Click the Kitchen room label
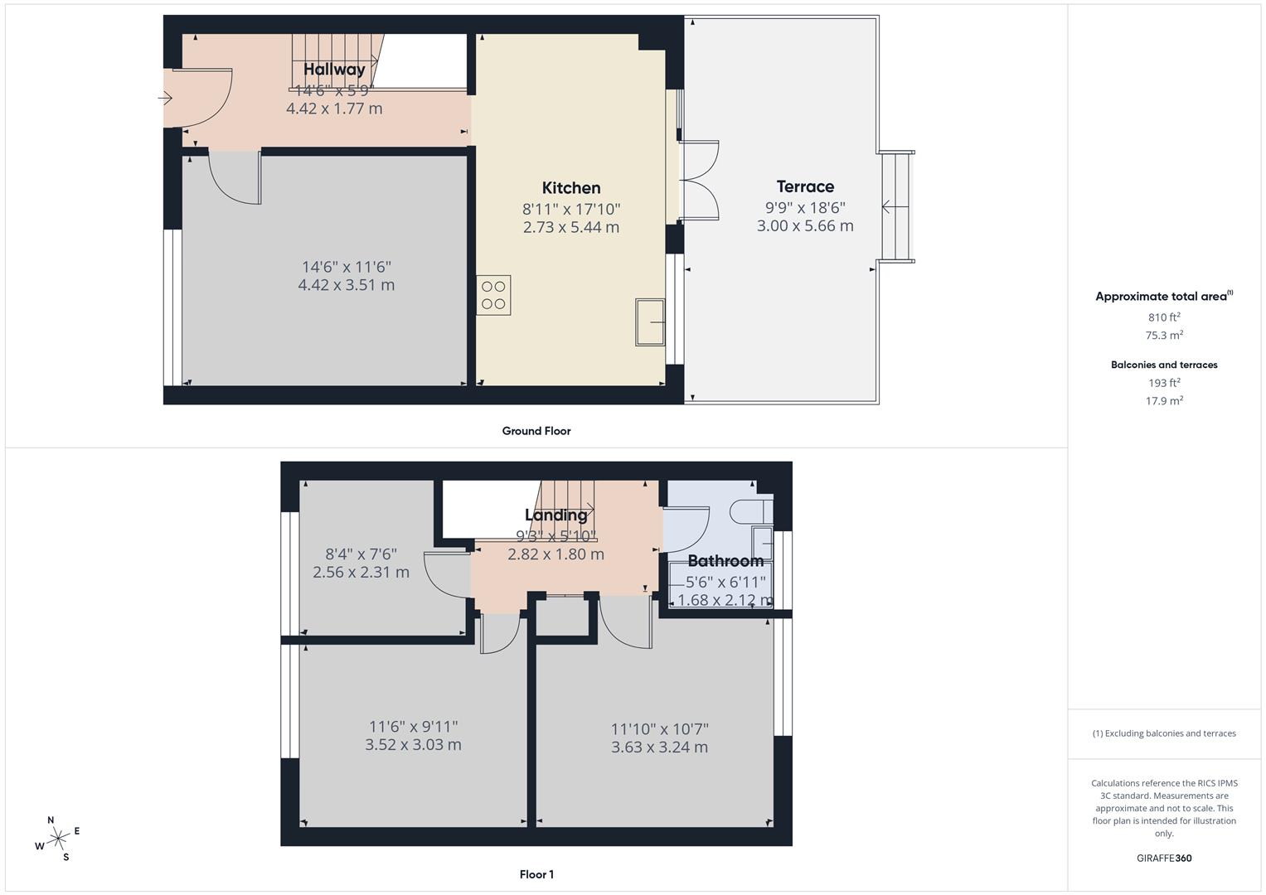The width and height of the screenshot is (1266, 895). (571, 188)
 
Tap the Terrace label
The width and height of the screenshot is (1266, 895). (805, 186)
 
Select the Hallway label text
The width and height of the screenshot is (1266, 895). (334, 70)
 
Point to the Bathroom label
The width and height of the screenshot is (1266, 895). (725, 561)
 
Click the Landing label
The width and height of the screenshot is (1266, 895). (555, 515)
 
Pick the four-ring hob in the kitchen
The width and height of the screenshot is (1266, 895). (493, 295)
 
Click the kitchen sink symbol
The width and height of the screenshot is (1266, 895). (650, 322)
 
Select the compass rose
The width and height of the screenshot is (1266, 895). (57, 839)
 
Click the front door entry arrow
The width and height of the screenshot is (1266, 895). (165, 99)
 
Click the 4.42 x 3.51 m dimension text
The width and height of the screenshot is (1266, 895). (346, 285)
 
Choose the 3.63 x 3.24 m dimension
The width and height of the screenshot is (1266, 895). (659, 747)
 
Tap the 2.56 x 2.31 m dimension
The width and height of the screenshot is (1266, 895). (361, 573)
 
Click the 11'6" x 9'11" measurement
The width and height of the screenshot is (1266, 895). (413, 727)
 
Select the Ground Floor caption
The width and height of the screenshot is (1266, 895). (536, 431)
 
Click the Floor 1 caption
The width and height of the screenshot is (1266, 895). (536, 874)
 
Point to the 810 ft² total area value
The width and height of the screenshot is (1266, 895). (1164, 317)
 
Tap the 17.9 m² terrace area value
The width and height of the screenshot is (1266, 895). (1164, 401)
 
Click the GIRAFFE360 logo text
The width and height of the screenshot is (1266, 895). (1164, 858)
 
